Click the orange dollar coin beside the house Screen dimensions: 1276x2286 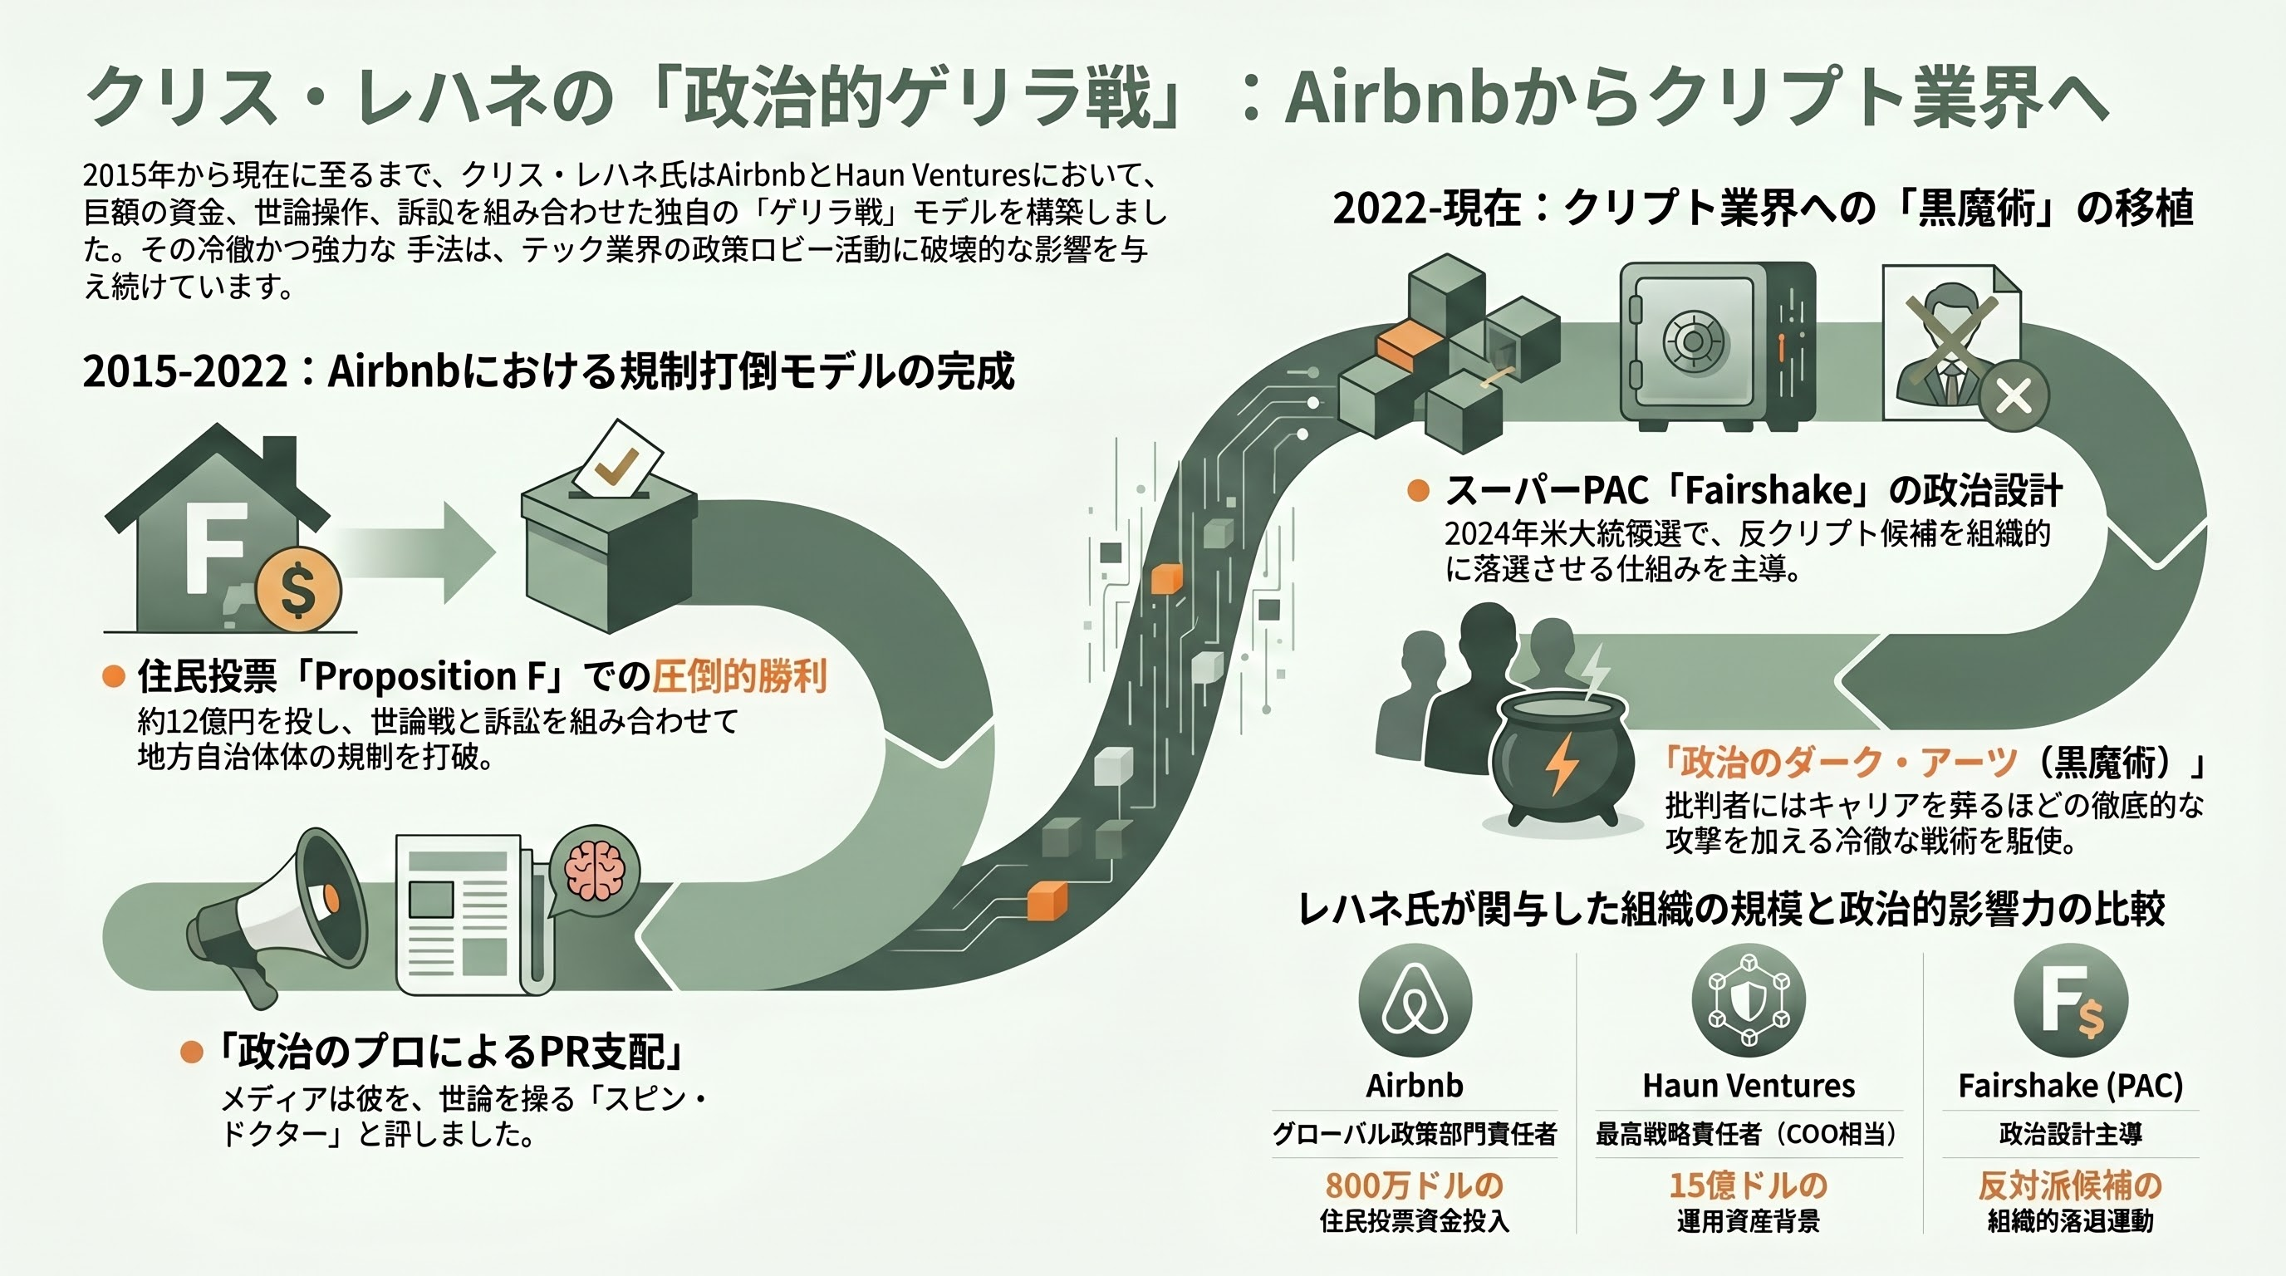297,588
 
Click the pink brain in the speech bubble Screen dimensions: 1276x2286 594,871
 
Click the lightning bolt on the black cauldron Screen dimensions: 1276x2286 1559,764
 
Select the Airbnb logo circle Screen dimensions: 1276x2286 1415,1000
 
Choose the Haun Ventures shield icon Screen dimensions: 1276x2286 1749,1000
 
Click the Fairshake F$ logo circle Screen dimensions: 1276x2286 2070,1000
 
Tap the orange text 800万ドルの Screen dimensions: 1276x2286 1415,1185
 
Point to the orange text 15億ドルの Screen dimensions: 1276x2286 1749,1185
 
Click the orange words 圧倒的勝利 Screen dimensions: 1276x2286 739,677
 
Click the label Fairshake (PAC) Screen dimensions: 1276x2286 2070,1085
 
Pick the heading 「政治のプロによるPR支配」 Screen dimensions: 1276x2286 453,1053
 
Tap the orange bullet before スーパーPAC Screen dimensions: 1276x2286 1418,491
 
